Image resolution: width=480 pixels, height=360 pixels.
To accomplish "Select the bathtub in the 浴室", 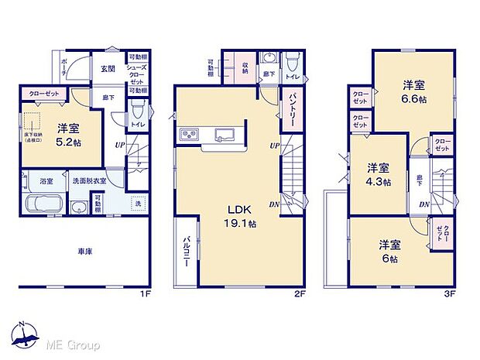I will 46,206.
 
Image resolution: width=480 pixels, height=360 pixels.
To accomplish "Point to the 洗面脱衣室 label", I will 88,181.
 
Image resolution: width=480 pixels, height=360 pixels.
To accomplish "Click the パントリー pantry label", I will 286,102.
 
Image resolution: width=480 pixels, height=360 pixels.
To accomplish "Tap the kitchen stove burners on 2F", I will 190,136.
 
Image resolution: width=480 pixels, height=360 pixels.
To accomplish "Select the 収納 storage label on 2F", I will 245,67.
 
